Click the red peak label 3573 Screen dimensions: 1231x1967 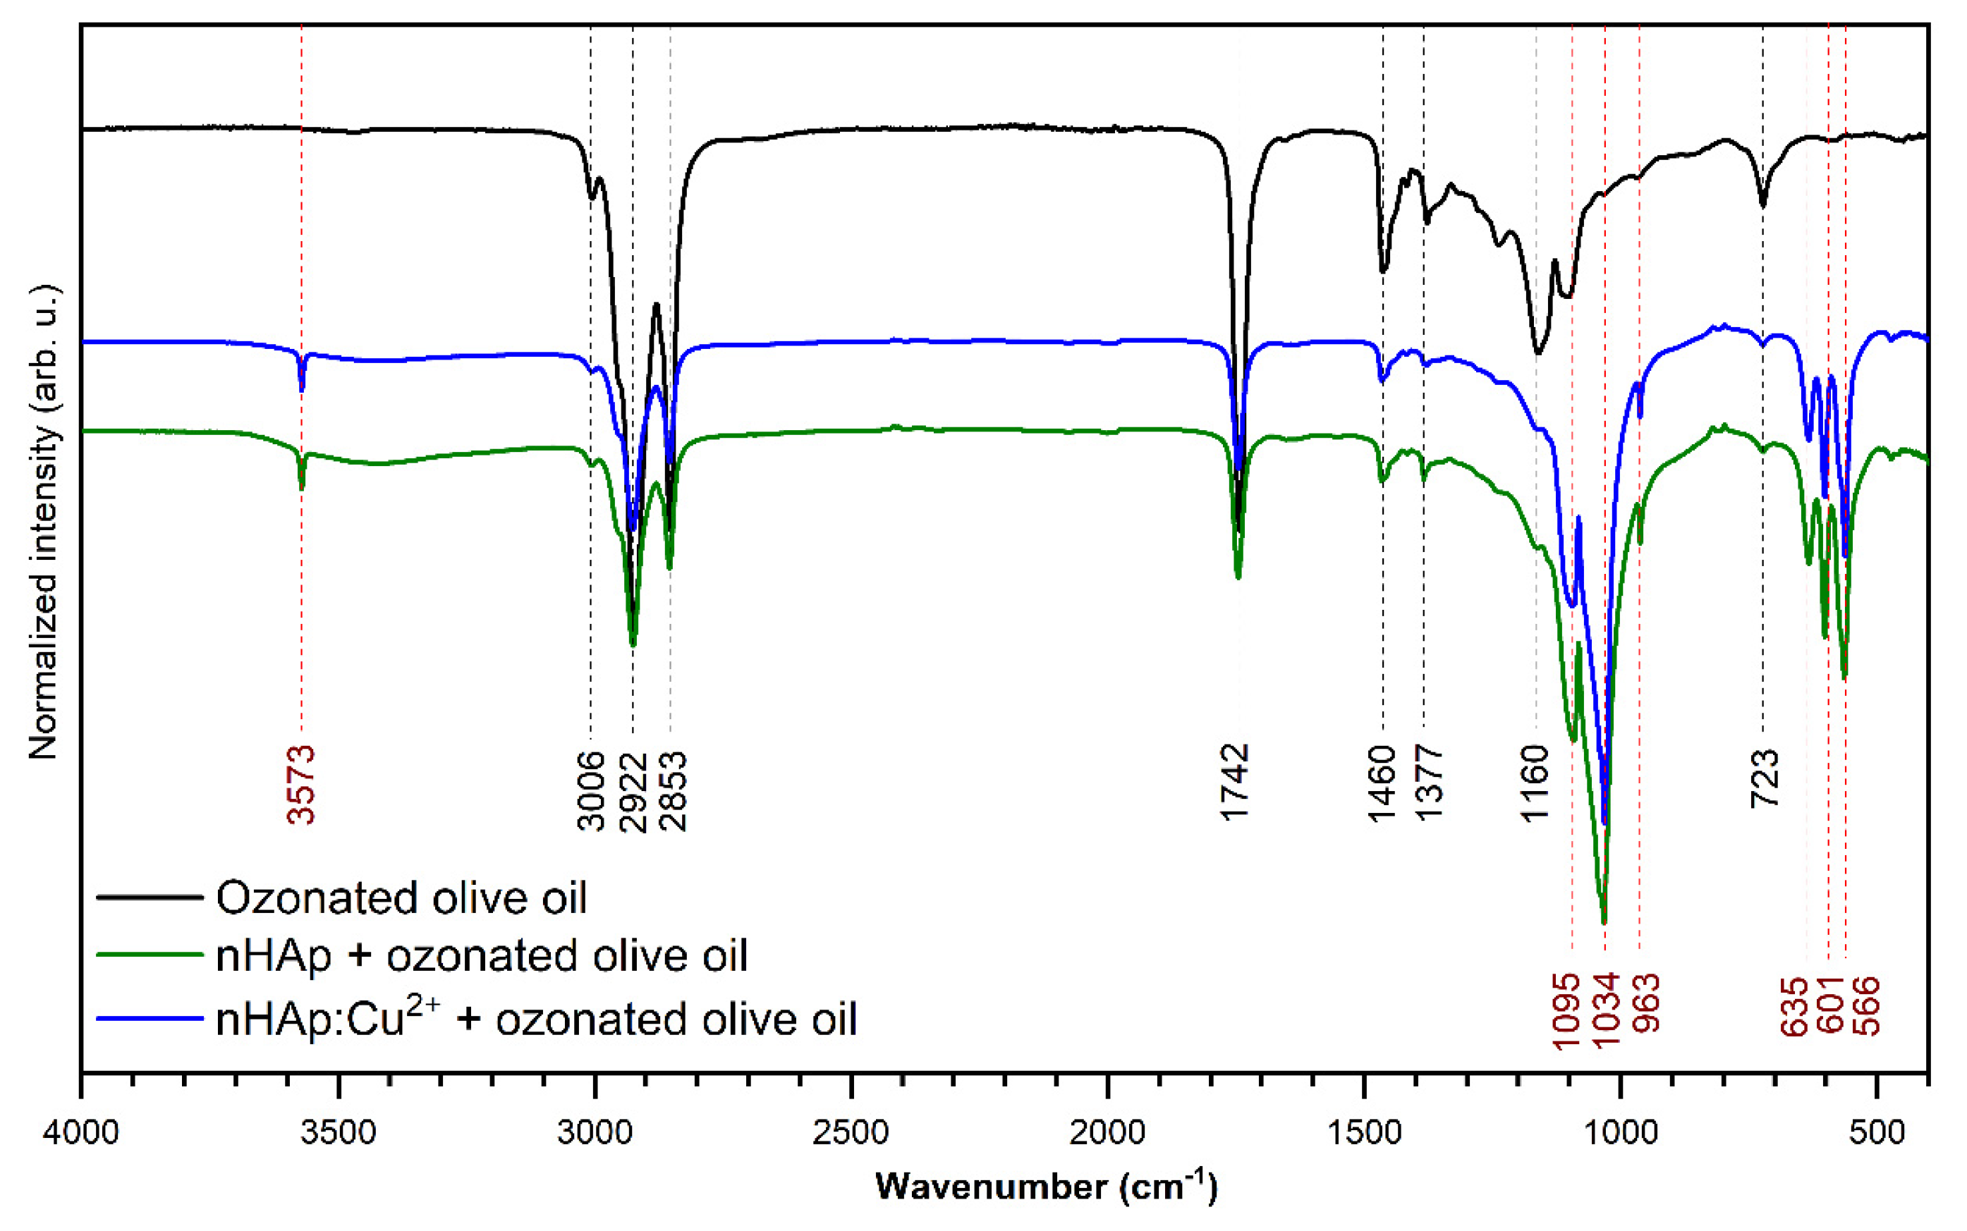301,785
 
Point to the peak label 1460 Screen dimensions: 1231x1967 1382,783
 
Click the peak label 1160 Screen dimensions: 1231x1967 1535,783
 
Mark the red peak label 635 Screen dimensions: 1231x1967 1794,1006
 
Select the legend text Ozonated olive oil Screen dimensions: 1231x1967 401,898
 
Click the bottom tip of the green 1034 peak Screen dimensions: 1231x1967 1604,922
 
